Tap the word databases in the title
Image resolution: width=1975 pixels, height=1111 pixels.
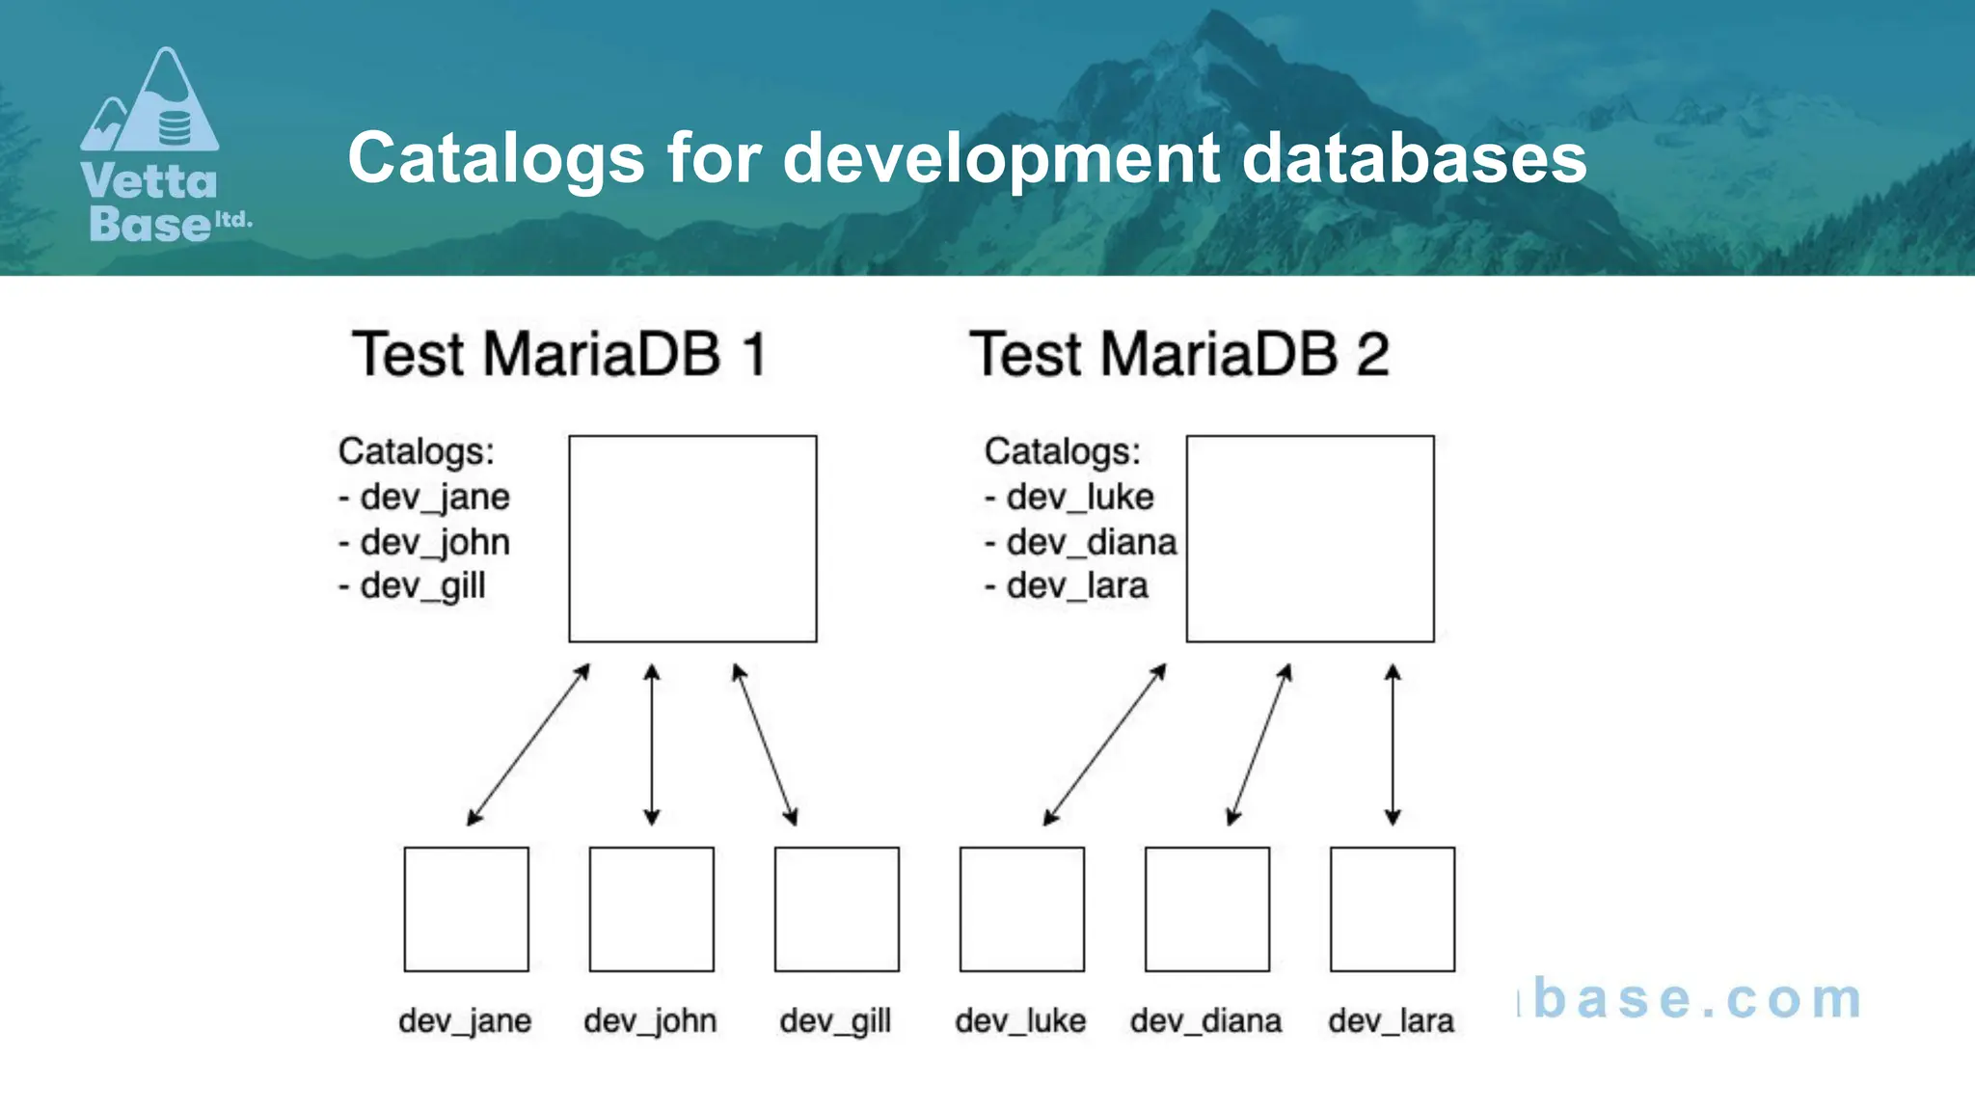click(x=1414, y=157)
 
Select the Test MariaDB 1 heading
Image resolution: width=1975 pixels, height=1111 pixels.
click(x=559, y=354)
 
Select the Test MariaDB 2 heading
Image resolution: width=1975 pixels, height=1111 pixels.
click(x=1178, y=354)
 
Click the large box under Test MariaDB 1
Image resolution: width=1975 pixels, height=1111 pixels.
click(x=692, y=538)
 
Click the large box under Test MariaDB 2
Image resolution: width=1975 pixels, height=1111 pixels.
click(x=1310, y=538)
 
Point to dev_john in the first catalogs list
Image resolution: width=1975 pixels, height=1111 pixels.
click(x=434, y=542)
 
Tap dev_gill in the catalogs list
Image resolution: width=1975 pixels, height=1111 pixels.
click(x=421, y=586)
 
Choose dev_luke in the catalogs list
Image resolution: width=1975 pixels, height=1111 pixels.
click(x=1079, y=497)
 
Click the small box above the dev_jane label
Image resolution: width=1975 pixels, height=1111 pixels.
click(x=466, y=908)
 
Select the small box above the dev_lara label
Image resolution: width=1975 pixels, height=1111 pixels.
click(x=1392, y=908)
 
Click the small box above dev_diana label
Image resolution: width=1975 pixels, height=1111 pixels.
click(x=1206, y=908)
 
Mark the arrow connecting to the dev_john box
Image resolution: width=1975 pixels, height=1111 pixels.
click(x=652, y=745)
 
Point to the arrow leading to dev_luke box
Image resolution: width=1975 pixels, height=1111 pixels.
click(x=1105, y=745)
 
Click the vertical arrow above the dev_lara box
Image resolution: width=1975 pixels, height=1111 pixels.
click(x=1393, y=745)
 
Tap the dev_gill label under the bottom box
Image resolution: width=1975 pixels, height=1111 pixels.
click(x=835, y=1020)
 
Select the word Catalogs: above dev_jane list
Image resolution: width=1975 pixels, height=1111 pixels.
click(x=416, y=451)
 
